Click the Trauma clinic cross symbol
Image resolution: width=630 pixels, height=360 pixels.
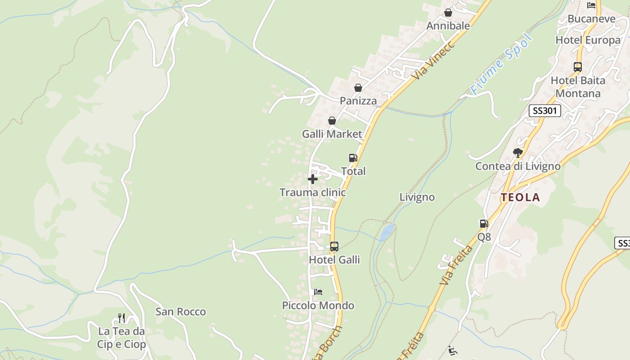point(312,179)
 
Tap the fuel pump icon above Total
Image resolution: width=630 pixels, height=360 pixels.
point(353,158)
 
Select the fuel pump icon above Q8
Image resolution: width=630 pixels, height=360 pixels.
point(484,223)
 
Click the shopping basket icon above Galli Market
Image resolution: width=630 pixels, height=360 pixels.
point(332,121)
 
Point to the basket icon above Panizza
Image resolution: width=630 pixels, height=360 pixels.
point(358,87)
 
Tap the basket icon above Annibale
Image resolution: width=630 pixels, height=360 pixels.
point(448,13)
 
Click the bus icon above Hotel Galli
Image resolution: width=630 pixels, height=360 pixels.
point(334,247)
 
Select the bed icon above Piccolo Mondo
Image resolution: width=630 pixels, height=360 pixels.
point(318,292)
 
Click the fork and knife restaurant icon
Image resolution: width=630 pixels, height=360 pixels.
point(121,318)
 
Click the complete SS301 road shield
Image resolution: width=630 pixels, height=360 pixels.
point(544,111)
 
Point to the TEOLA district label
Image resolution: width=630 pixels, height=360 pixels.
point(521,197)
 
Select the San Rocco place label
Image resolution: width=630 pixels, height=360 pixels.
point(180,311)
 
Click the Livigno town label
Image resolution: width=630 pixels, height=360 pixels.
point(417,197)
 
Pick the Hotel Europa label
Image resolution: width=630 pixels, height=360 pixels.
point(588,40)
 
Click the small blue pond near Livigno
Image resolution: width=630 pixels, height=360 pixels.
point(387,232)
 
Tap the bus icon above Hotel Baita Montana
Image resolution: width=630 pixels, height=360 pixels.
point(578,67)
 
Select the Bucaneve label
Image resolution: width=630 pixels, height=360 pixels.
point(591,19)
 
